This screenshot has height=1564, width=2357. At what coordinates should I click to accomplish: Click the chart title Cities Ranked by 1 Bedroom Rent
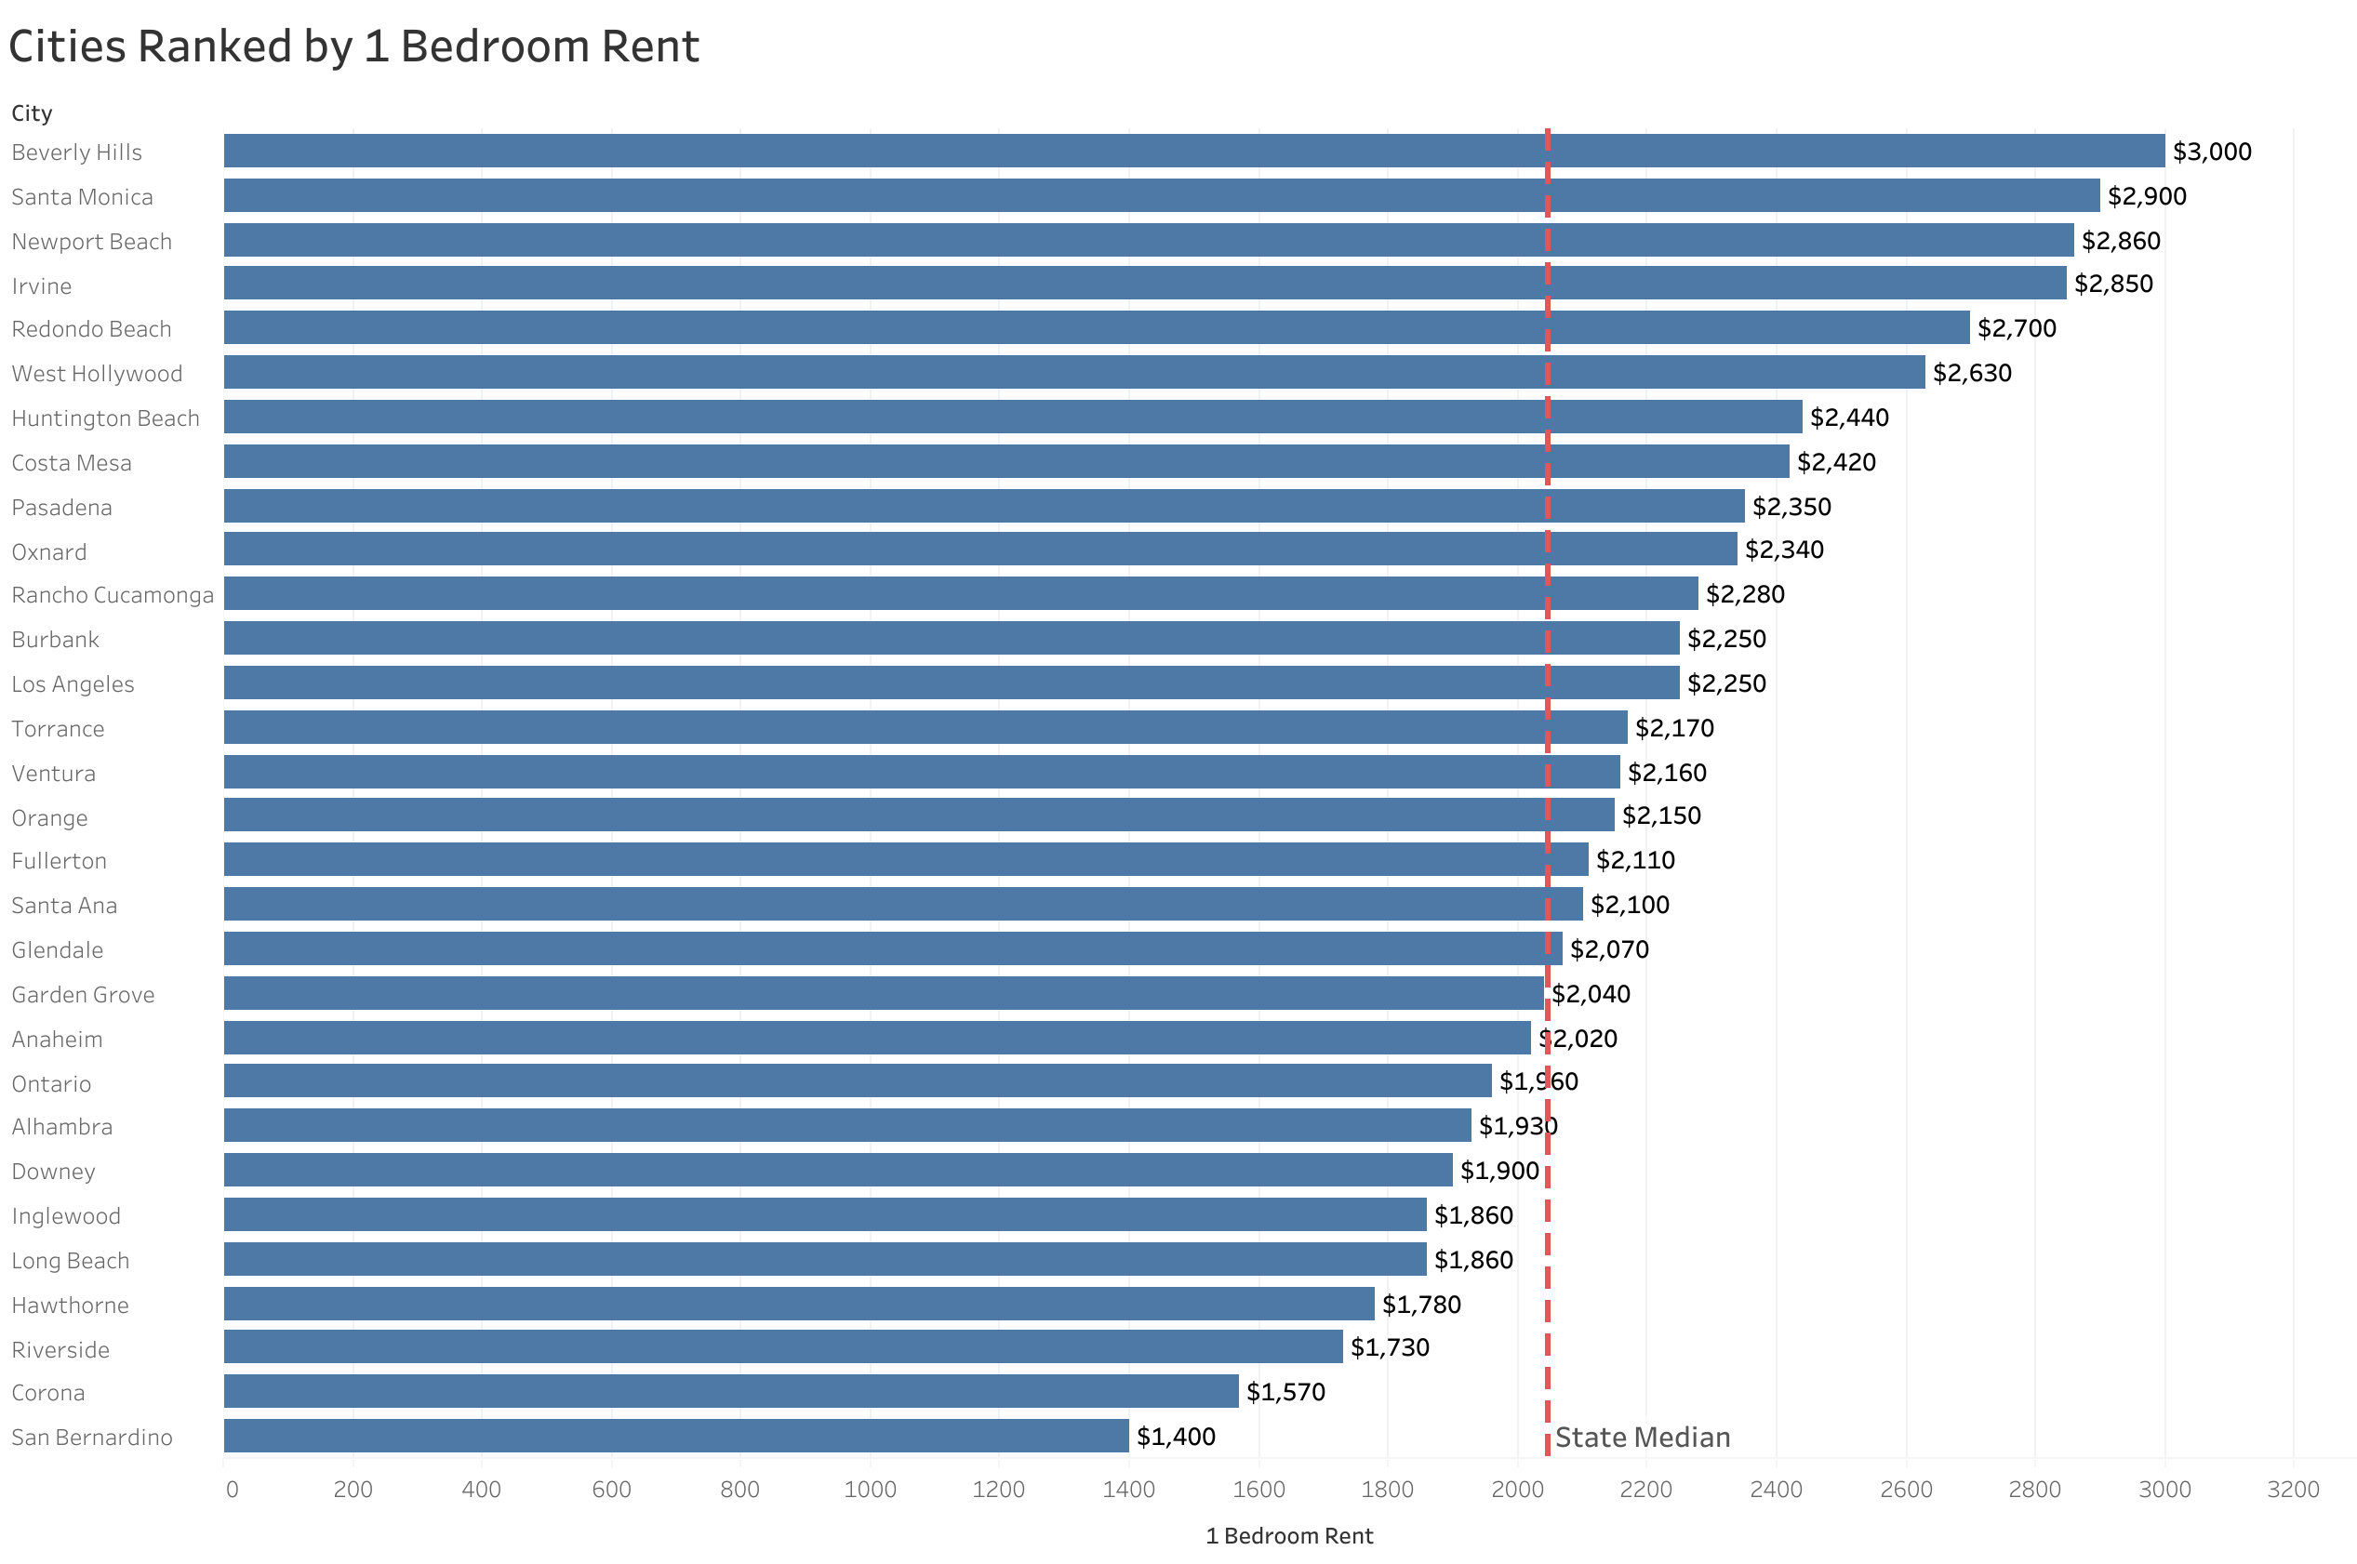[353, 46]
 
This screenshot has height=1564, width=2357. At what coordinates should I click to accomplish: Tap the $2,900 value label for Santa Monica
[2146, 195]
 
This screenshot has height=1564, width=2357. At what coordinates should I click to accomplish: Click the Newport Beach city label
[92, 242]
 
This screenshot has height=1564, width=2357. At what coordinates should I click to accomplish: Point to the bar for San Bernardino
[675, 1436]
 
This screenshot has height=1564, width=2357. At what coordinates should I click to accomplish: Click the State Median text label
[1642, 1438]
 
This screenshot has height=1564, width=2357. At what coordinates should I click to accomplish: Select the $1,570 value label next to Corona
[1285, 1391]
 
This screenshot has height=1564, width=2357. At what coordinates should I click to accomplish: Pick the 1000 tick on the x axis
[869, 1490]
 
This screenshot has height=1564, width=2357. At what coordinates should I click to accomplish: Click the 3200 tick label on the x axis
[2292, 1490]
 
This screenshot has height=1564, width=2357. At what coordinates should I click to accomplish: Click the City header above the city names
[32, 113]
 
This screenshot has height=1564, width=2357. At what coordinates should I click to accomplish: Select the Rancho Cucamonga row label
[113, 594]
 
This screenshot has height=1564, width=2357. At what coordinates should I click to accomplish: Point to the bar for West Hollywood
[1073, 372]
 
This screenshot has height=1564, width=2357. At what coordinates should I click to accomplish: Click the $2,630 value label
[1971, 372]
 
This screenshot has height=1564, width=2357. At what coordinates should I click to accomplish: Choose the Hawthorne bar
[798, 1304]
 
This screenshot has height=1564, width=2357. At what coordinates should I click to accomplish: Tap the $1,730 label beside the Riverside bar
[1389, 1346]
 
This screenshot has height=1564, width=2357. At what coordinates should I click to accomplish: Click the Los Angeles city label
[73, 684]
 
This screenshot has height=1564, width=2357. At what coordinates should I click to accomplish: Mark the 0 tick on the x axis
[232, 1490]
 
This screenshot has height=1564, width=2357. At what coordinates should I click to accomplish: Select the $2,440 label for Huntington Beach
[1848, 417]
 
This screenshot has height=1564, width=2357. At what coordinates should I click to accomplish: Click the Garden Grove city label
[83, 994]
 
